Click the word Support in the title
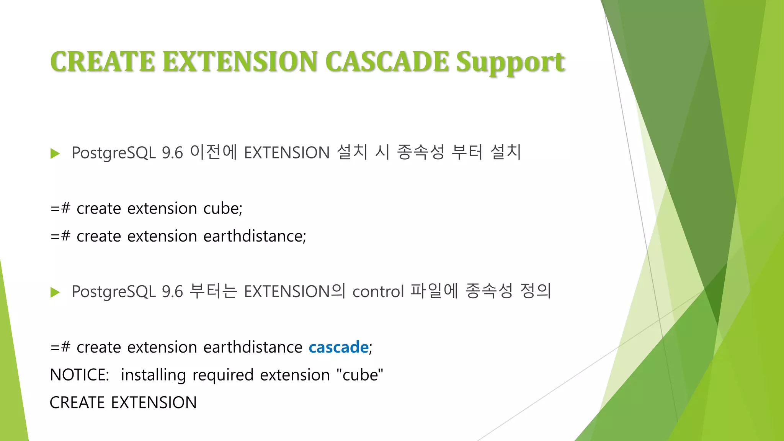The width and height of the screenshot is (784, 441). click(x=510, y=62)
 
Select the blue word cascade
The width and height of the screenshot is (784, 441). click(x=338, y=347)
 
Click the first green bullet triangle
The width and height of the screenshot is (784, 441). click(x=55, y=154)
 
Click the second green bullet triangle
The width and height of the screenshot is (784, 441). click(x=55, y=292)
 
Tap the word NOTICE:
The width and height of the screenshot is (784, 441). click(x=80, y=375)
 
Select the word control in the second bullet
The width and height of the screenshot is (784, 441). click(x=378, y=292)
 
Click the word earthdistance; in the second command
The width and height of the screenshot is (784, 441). click(x=255, y=236)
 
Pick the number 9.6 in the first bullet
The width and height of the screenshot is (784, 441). click(x=172, y=153)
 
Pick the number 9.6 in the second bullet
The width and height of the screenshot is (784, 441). click(x=172, y=292)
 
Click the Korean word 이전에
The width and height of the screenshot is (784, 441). click(x=214, y=152)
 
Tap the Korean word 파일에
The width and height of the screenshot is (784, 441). click(x=434, y=291)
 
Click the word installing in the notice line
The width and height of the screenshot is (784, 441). click(x=153, y=375)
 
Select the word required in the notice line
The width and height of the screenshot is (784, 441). click(x=223, y=375)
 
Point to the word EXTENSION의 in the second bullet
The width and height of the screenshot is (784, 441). click(x=294, y=291)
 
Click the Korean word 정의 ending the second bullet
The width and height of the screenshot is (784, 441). click(x=536, y=291)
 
